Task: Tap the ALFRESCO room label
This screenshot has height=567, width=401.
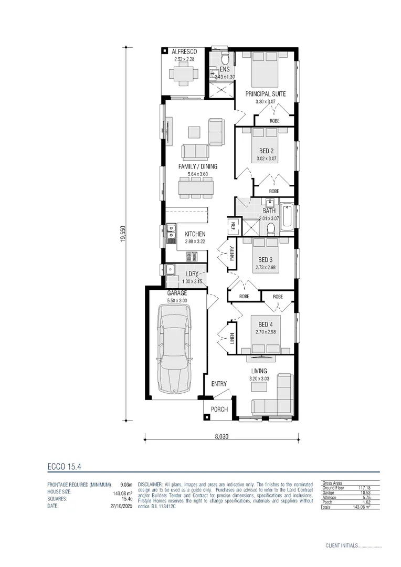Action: (x=184, y=52)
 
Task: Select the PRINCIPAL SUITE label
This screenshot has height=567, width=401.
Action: (x=266, y=94)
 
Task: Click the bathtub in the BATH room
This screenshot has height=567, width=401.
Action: (x=288, y=217)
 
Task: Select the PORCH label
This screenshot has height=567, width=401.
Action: (x=219, y=409)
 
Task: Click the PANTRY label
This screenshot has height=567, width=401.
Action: (x=231, y=254)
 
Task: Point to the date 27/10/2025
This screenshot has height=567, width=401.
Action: (x=121, y=507)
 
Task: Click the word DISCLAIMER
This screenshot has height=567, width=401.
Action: (x=152, y=484)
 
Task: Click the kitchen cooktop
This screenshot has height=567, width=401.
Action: (x=192, y=256)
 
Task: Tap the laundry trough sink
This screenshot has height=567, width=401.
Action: (x=170, y=270)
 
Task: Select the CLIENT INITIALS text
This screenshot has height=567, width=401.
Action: (x=342, y=546)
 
